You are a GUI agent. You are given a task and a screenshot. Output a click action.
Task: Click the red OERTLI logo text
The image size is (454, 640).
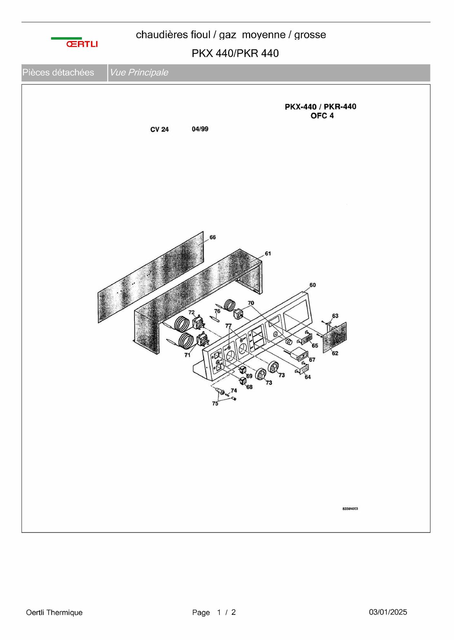coord(82,44)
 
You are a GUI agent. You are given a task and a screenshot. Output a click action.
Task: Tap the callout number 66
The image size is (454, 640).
coord(213,238)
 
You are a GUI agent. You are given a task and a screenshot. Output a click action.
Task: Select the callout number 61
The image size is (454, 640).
coord(268,254)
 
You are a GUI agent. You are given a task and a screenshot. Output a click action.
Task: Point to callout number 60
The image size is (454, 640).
coord(313,285)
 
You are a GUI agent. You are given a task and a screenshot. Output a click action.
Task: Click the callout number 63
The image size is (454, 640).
coord(335,316)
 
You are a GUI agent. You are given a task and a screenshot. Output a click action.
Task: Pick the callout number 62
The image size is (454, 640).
coord(335,353)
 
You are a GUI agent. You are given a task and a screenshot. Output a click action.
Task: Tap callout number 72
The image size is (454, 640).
coord(192,312)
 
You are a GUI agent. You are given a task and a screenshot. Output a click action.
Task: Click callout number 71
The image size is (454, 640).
coord(187,355)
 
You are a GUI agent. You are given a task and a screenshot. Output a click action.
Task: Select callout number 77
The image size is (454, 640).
coord(228,326)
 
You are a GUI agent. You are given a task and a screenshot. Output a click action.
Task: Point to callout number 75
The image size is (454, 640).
coord(215,403)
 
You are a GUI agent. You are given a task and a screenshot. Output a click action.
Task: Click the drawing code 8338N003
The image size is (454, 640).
coord(350,509)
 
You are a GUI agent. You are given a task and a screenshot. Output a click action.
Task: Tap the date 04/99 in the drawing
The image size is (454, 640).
coord(200,129)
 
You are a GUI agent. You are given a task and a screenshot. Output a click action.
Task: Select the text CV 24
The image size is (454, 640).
coord(159,129)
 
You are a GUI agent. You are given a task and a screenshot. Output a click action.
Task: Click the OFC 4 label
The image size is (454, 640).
coord(322,116)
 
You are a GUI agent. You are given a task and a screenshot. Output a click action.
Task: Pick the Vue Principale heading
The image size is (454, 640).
coord(139,73)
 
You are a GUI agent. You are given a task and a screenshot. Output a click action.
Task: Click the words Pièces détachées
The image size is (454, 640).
coord(58,73)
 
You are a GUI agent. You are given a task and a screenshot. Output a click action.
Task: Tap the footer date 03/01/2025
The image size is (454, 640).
coord(388,612)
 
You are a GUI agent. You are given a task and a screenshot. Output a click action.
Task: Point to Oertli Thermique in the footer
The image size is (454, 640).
coord(54,612)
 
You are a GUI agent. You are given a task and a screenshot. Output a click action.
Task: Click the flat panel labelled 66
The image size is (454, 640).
coord(151,277)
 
